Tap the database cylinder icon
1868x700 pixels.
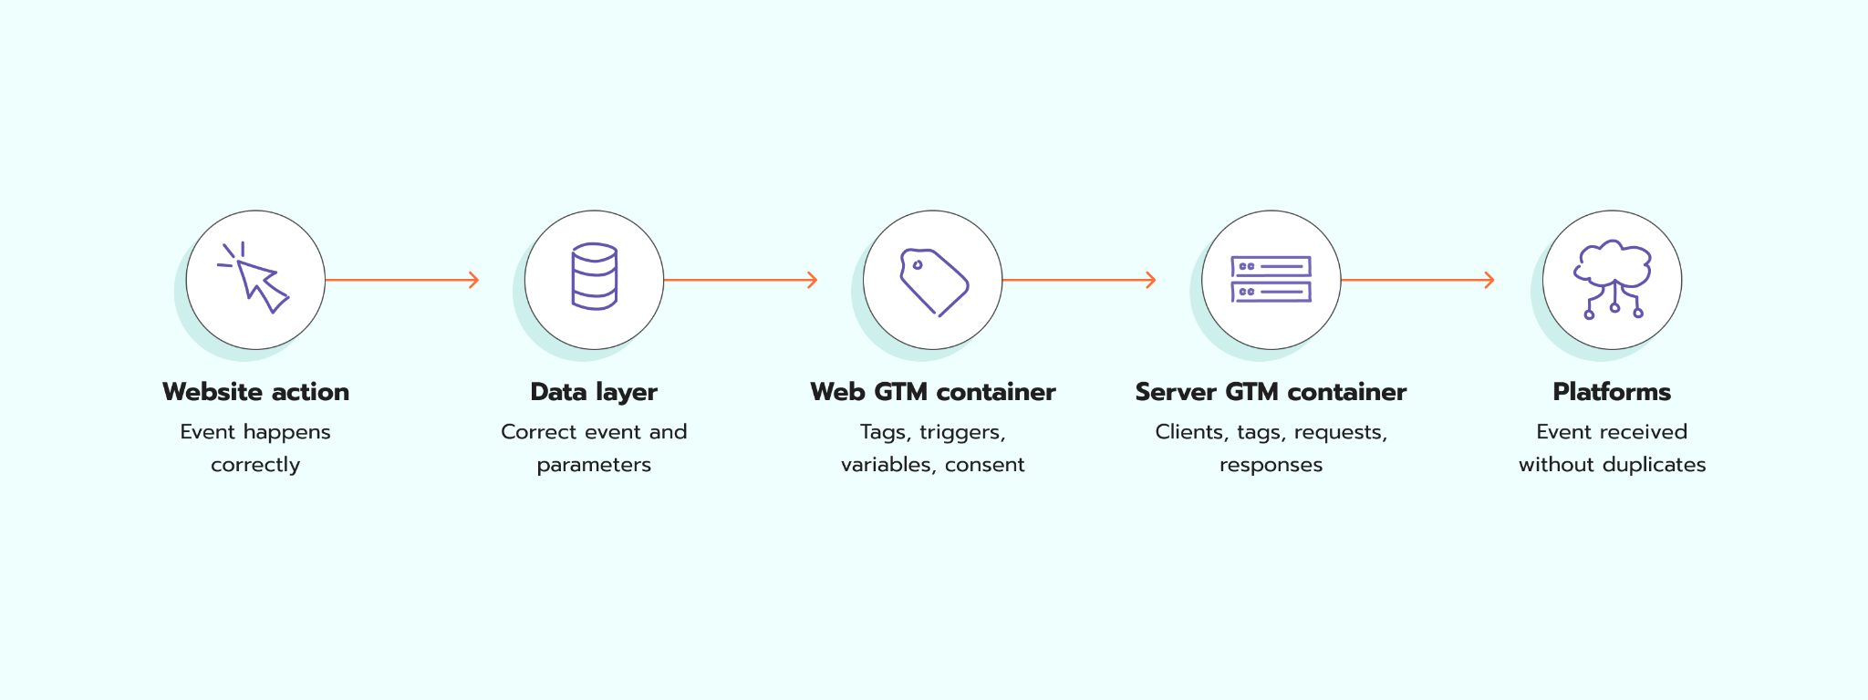click(595, 276)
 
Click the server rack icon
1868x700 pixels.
click(1271, 279)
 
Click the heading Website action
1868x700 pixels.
click(255, 392)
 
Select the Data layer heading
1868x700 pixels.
click(594, 392)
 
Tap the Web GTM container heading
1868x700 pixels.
click(933, 392)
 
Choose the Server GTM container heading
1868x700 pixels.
click(1271, 392)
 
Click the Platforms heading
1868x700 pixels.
click(1612, 392)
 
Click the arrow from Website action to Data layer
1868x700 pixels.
click(402, 280)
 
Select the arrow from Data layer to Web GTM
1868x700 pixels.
click(741, 280)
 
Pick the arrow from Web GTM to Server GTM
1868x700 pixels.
click(1079, 280)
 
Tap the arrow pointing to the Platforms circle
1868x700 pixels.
click(1418, 280)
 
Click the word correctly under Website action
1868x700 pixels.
click(255, 465)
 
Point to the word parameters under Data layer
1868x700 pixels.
click(594, 465)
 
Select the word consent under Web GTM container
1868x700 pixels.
click(985, 465)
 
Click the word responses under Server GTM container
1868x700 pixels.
click(1271, 465)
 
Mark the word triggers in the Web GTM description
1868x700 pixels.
click(962, 432)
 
